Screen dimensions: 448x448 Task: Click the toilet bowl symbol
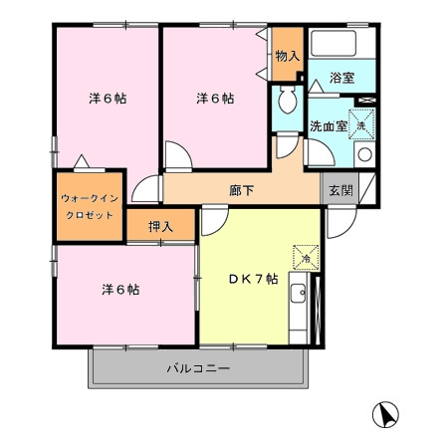coord(288,100)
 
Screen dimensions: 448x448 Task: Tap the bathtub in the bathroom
coord(334,43)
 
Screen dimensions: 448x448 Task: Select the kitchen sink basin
coord(298,293)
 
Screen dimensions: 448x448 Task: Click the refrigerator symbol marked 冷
coord(306,258)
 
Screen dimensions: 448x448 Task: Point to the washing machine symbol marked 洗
coord(361,124)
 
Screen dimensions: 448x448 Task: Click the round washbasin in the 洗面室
coord(364,154)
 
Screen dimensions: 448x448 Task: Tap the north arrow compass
coord(385,414)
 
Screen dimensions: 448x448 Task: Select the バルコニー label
coord(198,368)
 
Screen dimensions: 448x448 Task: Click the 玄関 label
coord(340,190)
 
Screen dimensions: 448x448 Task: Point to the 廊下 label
coord(242,190)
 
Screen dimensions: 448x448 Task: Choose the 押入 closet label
coord(160,227)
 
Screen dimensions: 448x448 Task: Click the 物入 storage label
coord(288,56)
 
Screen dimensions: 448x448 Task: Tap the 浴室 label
coord(342,78)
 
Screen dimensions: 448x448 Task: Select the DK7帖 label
coord(254,279)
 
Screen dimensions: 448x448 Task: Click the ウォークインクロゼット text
coord(90,207)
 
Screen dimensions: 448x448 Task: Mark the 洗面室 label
coord(329,126)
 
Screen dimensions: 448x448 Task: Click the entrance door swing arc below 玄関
coord(346,227)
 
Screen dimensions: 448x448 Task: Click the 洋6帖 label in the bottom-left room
coord(120,290)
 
